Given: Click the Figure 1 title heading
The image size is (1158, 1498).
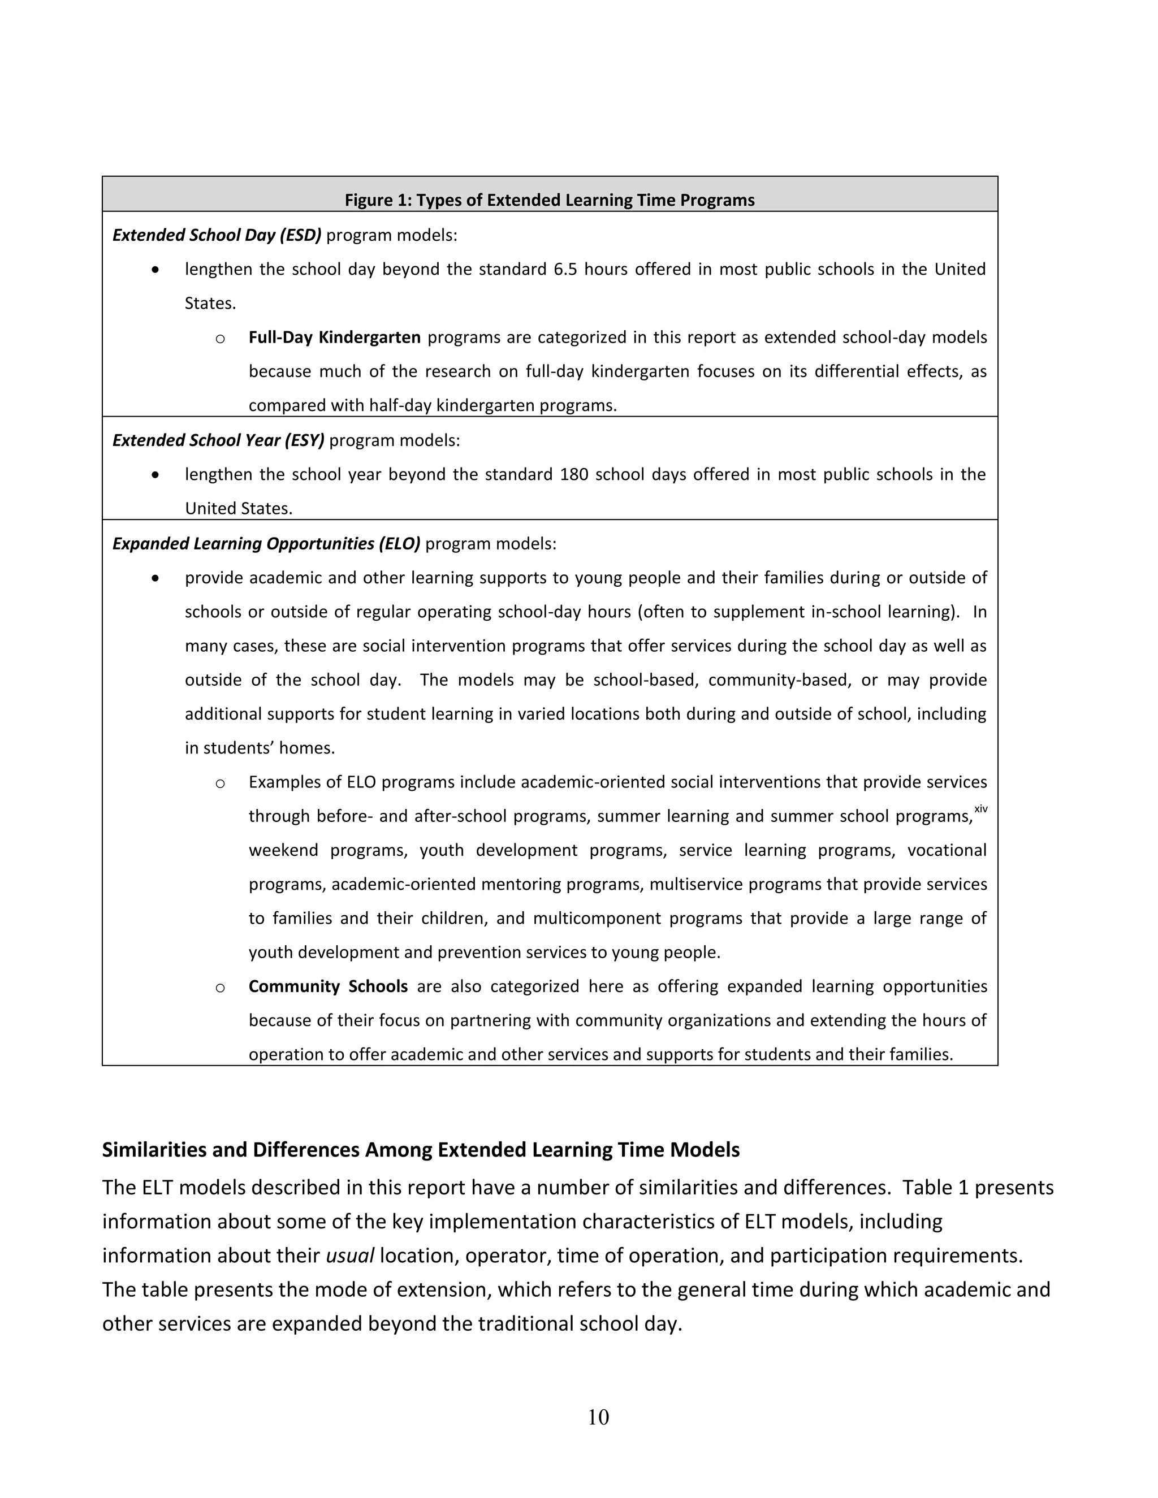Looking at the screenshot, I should click(549, 200).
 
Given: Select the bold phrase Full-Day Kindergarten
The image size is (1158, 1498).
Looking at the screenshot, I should click(334, 337).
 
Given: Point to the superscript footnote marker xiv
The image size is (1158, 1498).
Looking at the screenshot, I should click(980, 809).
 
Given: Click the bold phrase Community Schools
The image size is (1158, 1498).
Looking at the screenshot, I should click(328, 986).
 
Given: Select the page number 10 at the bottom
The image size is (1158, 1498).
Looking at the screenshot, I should click(598, 1417).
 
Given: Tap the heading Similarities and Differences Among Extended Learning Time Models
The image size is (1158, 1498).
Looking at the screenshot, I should click(421, 1150).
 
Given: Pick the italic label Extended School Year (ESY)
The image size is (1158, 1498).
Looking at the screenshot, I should click(218, 440).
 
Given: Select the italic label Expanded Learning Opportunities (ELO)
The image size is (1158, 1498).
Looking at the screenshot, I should click(266, 544).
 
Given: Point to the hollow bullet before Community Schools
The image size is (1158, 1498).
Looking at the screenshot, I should click(220, 988).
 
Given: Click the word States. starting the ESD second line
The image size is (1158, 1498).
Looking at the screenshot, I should click(210, 303).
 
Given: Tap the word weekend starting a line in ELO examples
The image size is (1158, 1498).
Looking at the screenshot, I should click(283, 851).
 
